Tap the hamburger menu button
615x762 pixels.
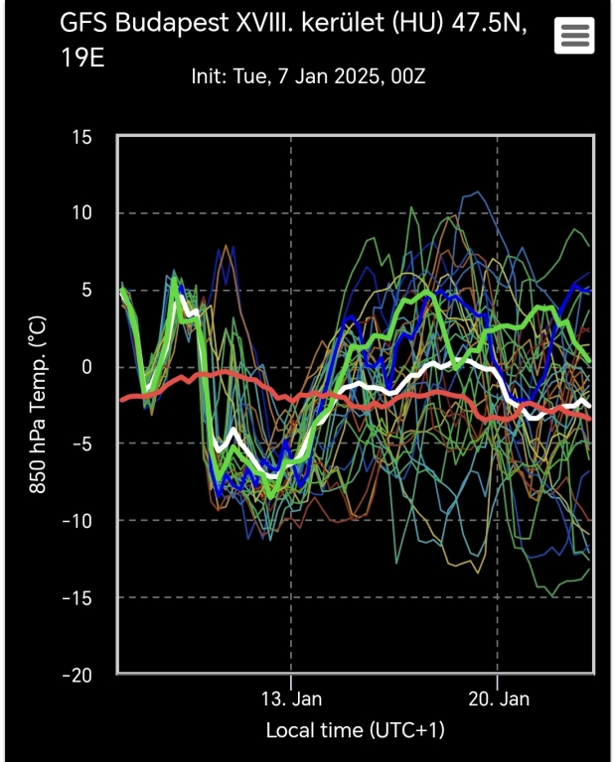(576, 37)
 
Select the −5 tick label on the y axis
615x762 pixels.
(80, 444)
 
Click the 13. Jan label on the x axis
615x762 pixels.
(292, 698)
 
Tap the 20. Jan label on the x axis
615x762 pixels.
(498, 698)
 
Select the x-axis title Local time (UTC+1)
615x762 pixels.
(356, 730)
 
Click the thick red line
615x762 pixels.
(417, 395)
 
